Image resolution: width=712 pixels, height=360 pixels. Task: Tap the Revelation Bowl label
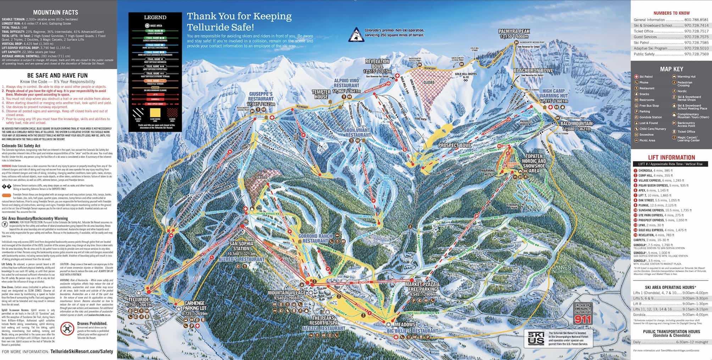click(x=377, y=64)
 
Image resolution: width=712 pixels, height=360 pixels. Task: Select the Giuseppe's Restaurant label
click(x=261, y=96)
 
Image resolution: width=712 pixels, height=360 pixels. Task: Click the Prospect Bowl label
click(x=455, y=145)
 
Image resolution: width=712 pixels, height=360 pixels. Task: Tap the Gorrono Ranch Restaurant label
click(x=315, y=238)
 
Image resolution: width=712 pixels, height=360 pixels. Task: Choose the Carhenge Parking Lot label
click(x=194, y=306)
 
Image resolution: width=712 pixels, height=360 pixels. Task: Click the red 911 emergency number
click(x=583, y=319)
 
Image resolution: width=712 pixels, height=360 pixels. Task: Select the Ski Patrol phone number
click(x=696, y=43)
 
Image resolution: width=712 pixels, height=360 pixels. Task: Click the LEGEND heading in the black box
click(x=155, y=17)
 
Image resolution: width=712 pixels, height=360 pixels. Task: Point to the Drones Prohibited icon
click(x=67, y=329)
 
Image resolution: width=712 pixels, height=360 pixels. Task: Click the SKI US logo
click(x=536, y=339)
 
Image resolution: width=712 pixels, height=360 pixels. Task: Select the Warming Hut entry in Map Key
click(x=686, y=77)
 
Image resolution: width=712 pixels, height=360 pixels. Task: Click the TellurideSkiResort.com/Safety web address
click(x=82, y=351)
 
